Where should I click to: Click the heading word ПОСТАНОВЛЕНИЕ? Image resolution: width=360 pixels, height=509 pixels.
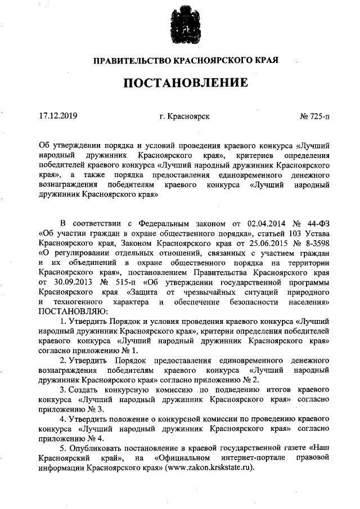(186, 84)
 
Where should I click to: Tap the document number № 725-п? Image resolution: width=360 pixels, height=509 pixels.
(315, 117)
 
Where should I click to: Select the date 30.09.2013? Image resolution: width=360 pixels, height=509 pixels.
(70, 281)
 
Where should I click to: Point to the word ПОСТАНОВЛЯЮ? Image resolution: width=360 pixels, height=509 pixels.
(69, 311)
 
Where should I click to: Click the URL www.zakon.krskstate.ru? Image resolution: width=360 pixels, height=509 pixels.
(209, 468)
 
